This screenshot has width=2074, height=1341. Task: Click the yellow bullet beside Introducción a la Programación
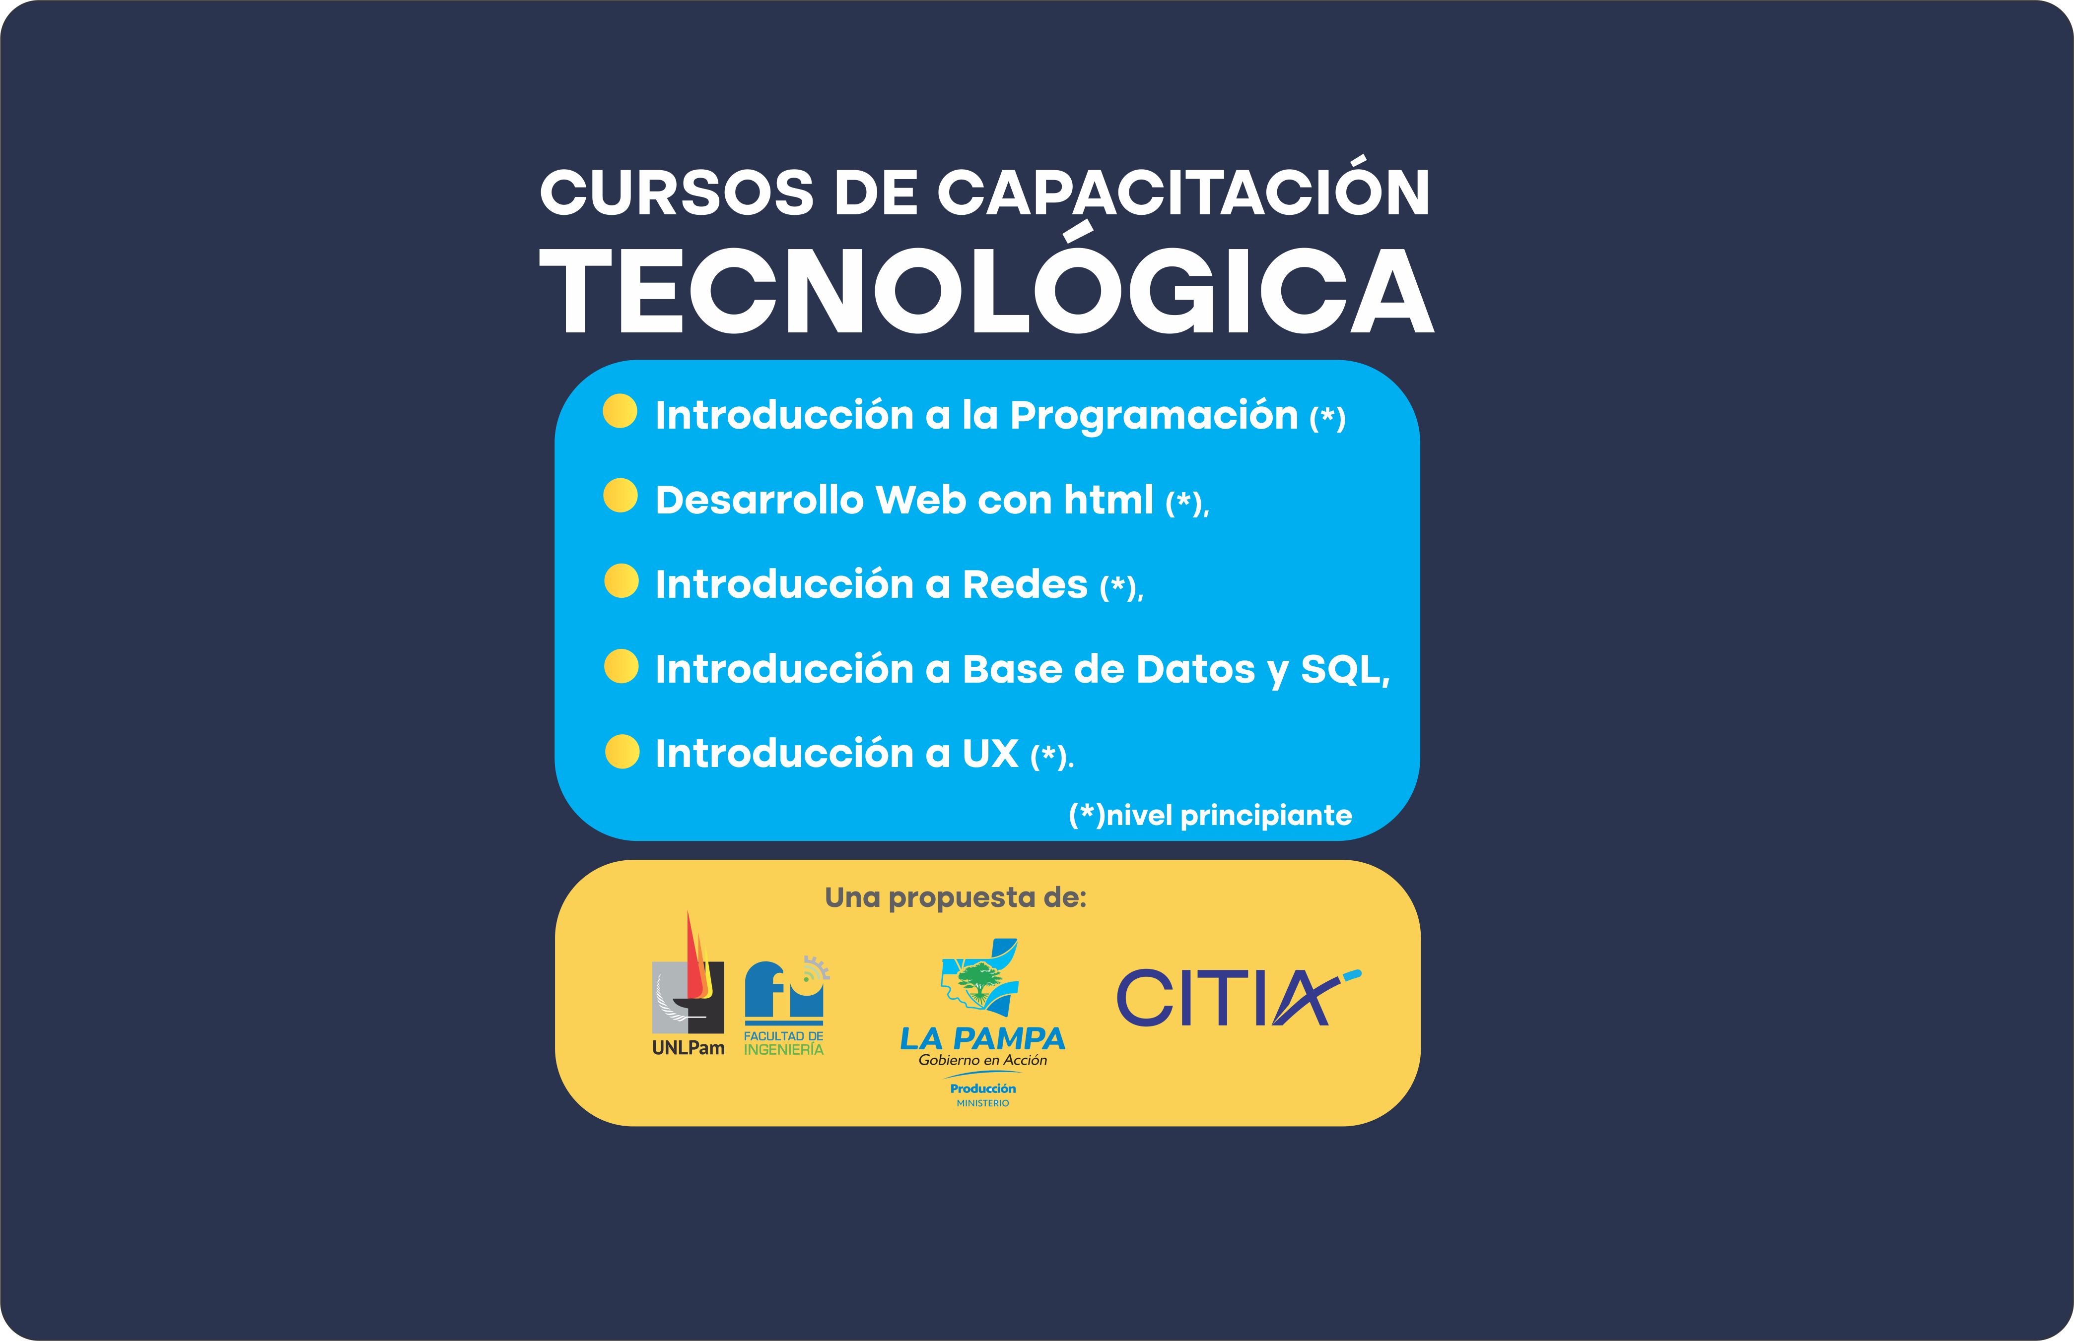620,411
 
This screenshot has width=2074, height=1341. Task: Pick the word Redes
1025,584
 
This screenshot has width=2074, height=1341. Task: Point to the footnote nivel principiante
1229,816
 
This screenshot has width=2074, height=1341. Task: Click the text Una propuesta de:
956,898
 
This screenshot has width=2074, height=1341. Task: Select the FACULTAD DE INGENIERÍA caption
783,1043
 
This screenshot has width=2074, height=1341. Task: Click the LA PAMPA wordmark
982,1039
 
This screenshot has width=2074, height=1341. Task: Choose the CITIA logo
1238,997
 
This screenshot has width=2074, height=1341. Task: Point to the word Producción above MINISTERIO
982,1088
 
